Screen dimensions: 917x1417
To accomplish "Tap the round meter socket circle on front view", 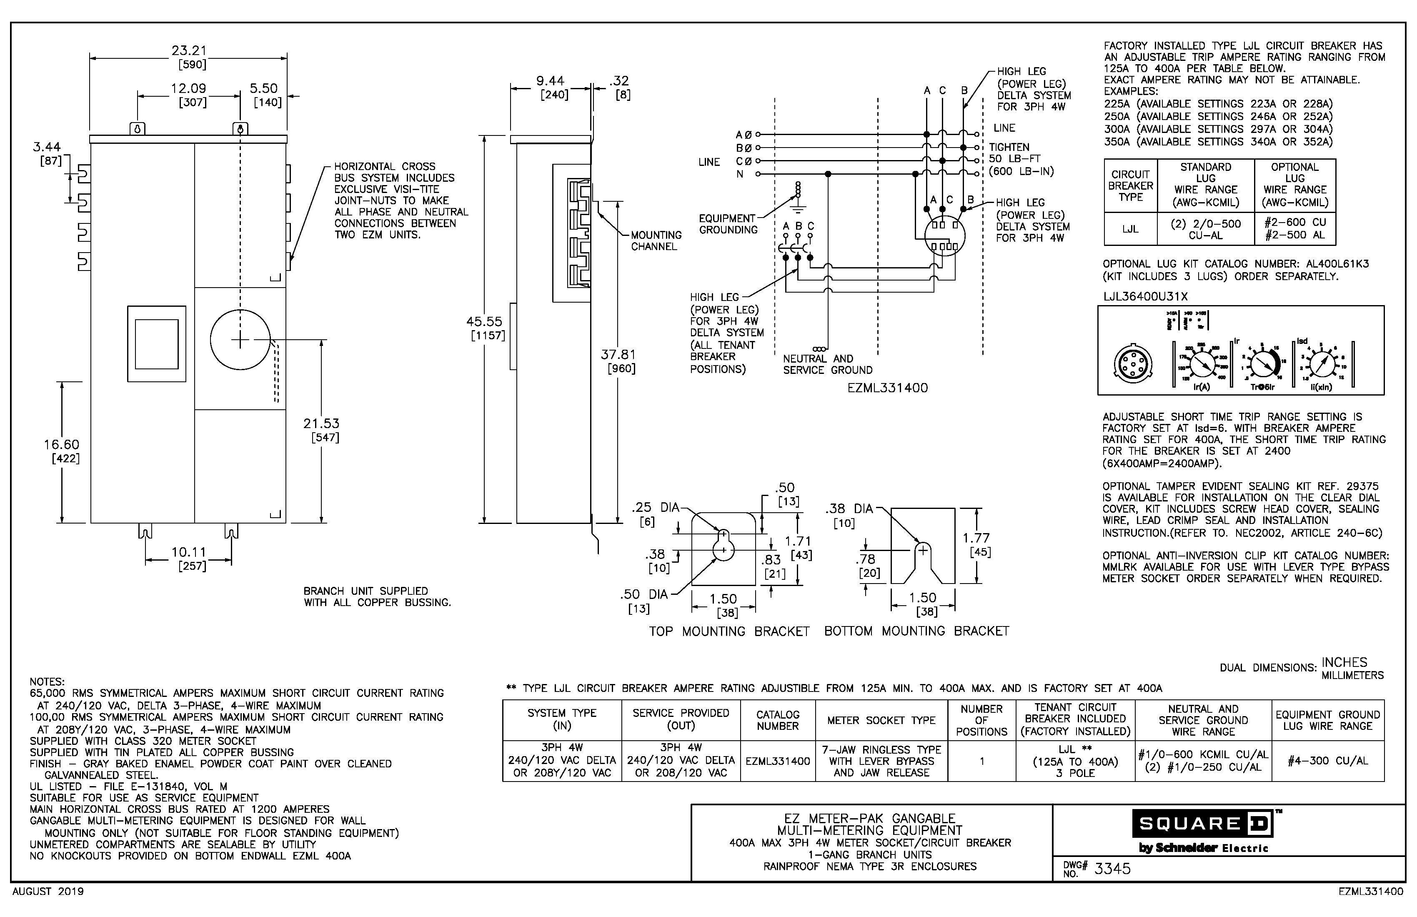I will point(240,340).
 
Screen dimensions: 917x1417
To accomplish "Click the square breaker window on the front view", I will point(157,344).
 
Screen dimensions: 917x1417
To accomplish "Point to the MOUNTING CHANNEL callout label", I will point(656,241).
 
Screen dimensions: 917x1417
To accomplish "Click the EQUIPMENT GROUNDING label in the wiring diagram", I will point(728,224).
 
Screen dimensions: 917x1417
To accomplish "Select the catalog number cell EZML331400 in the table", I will point(778,761).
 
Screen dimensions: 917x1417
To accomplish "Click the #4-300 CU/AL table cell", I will point(1328,761).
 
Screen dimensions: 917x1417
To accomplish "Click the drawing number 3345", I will point(1112,869).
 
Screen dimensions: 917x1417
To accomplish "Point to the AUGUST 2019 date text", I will point(48,892).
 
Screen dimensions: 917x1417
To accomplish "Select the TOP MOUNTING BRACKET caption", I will point(729,631).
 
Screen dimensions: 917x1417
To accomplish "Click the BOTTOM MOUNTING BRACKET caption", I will point(916,631).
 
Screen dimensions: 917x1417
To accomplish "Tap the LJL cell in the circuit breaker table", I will point(1130,229).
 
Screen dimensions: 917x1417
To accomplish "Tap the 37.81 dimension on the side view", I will point(618,354).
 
